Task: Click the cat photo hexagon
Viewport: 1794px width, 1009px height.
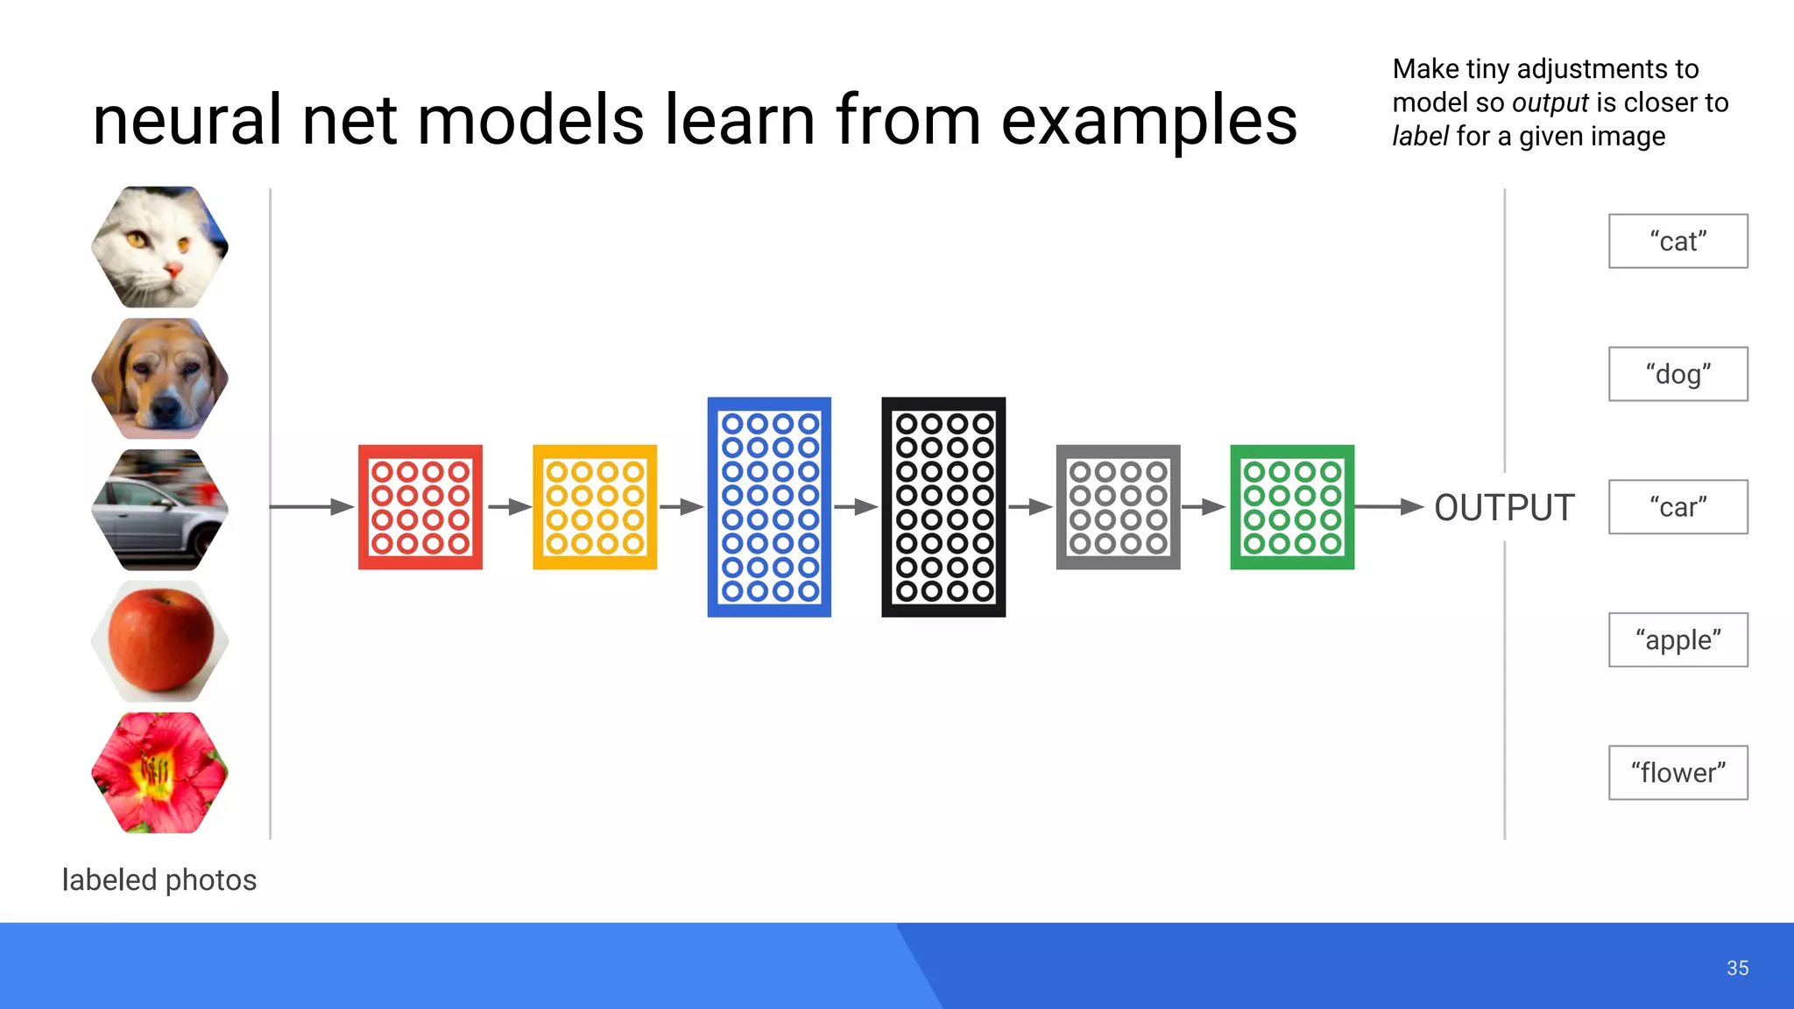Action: (160, 246)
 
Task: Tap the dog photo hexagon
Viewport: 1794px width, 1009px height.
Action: (160, 378)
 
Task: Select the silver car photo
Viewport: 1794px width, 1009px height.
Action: (160, 510)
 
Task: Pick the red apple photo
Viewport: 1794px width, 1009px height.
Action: (160, 641)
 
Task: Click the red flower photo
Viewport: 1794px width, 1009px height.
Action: (160, 773)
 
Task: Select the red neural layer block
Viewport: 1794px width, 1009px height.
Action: (420, 507)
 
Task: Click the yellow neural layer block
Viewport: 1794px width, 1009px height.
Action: (595, 507)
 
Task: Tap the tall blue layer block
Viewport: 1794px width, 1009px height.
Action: (769, 507)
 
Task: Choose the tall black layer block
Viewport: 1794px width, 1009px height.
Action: (943, 507)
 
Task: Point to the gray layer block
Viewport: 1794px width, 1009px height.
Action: (1118, 507)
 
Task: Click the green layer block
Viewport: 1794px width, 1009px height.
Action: (1292, 507)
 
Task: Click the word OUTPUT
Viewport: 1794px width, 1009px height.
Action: (1504, 508)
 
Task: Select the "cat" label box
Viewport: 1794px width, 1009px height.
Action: (1677, 241)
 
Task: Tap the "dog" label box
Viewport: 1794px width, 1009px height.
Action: (1677, 374)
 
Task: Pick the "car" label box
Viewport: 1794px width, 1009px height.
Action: (1677, 507)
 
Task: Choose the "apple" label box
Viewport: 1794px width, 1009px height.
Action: (1677, 640)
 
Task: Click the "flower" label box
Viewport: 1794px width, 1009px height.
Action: (1677, 773)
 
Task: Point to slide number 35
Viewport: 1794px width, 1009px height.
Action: (1737, 968)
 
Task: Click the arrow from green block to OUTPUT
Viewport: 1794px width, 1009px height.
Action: (1388, 507)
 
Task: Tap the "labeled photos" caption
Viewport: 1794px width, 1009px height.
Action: (159, 879)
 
